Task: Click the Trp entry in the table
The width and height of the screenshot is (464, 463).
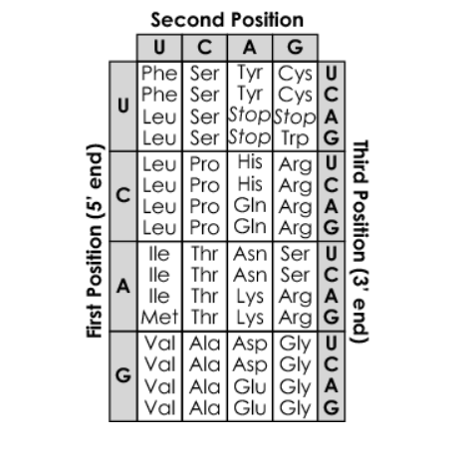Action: tap(295, 138)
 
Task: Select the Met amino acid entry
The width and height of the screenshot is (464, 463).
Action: tap(159, 317)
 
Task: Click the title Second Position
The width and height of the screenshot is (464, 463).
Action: tap(227, 20)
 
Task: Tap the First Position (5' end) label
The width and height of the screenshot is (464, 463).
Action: tap(95, 241)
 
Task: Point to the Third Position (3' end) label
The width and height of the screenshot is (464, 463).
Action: tap(359, 242)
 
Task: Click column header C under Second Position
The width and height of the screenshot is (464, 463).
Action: tap(205, 47)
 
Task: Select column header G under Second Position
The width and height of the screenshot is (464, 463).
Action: tap(295, 47)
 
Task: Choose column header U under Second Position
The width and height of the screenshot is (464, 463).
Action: tap(159, 47)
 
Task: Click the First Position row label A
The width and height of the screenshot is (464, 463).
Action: tap(123, 286)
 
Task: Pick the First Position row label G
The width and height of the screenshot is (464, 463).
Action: tap(123, 375)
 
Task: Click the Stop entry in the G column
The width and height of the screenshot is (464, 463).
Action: tap(295, 116)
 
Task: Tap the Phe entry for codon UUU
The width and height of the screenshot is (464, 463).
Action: tap(159, 73)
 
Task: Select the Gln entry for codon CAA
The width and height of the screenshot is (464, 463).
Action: tap(250, 206)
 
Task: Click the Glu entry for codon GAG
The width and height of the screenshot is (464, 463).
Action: tap(250, 408)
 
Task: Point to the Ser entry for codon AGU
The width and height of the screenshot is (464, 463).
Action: tap(295, 254)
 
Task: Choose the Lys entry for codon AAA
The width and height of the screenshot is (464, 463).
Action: tap(250, 297)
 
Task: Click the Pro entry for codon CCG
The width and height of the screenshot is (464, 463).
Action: tap(205, 228)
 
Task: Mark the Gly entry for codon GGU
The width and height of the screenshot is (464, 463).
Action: tap(295, 345)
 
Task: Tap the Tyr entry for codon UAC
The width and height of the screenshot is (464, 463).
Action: tap(250, 95)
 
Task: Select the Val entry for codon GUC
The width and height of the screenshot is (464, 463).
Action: tap(159, 364)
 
